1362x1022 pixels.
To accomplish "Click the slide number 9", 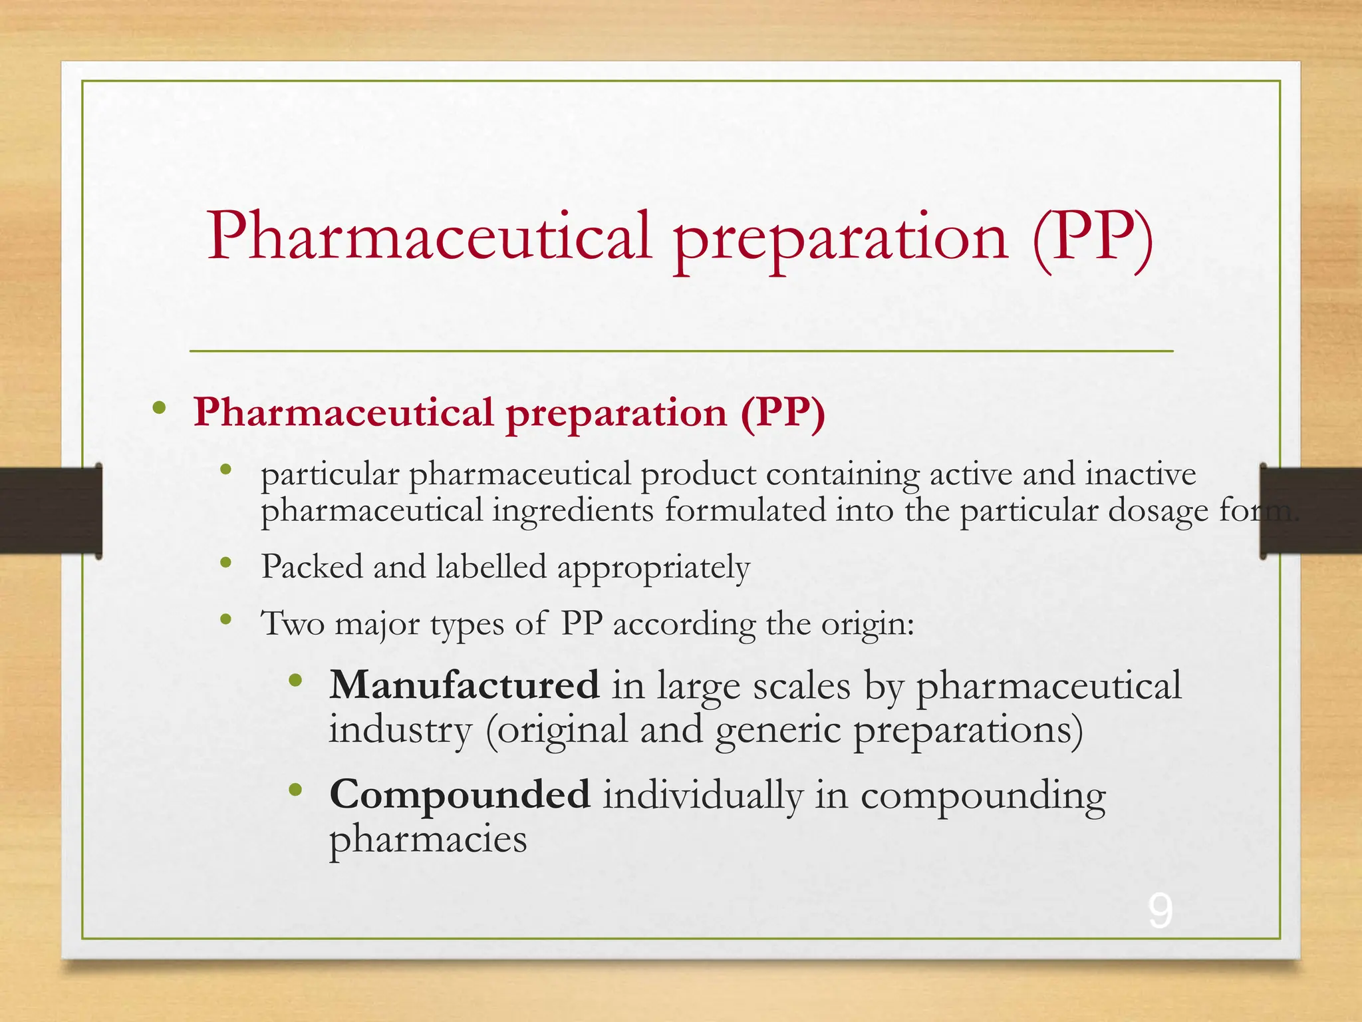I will click(x=1160, y=912).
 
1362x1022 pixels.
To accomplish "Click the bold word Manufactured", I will click(x=464, y=685).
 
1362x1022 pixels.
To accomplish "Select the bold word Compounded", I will click(x=460, y=794).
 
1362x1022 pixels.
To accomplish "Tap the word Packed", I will click(x=312, y=567).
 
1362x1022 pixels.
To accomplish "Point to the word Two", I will click(x=293, y=624).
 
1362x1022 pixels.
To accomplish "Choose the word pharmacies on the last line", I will click(x=428, y=840).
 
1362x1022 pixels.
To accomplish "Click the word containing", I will click(x=843, y=475).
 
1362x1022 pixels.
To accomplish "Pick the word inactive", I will click(x=1141, y=474).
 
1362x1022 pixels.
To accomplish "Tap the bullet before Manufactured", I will click(x=296, y=681).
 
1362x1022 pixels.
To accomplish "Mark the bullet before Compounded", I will click(x=296, y=790).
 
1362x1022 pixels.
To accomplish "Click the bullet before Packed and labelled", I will click(x=226, y=564).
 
